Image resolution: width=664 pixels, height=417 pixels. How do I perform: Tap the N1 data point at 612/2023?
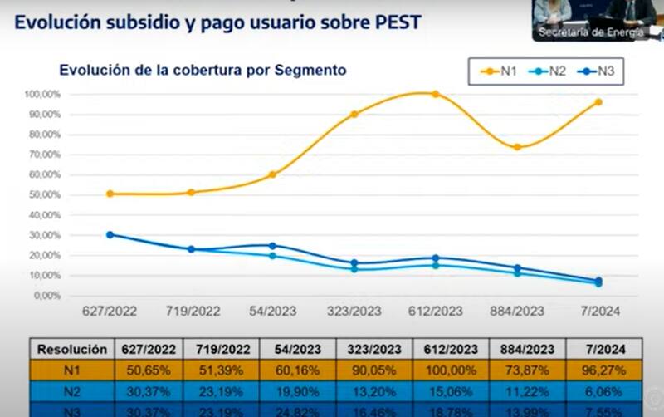point(435,94)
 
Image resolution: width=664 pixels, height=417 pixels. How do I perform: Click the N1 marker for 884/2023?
point(517,147)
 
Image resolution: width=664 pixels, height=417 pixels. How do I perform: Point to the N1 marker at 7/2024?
point(598,102)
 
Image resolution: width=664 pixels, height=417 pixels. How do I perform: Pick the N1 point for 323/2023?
point(354,114)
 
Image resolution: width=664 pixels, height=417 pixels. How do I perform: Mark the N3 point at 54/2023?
point(272,246)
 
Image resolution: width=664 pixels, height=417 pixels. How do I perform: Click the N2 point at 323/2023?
point(354,269)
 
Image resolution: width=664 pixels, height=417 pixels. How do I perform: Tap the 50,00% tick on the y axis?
point(41,194)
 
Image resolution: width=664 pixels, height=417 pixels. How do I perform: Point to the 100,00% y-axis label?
point(40,94)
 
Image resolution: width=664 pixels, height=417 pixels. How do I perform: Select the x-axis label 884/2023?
point(517,311)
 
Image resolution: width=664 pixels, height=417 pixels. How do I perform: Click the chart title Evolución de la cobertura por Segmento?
point(203,71)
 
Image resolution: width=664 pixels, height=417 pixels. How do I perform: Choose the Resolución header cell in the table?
point(71,349)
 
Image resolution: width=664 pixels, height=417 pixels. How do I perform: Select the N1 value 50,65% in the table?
point(147,370)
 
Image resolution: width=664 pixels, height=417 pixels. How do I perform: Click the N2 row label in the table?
point(71,391)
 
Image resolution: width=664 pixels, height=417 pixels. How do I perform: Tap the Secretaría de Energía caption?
point(592,32)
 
